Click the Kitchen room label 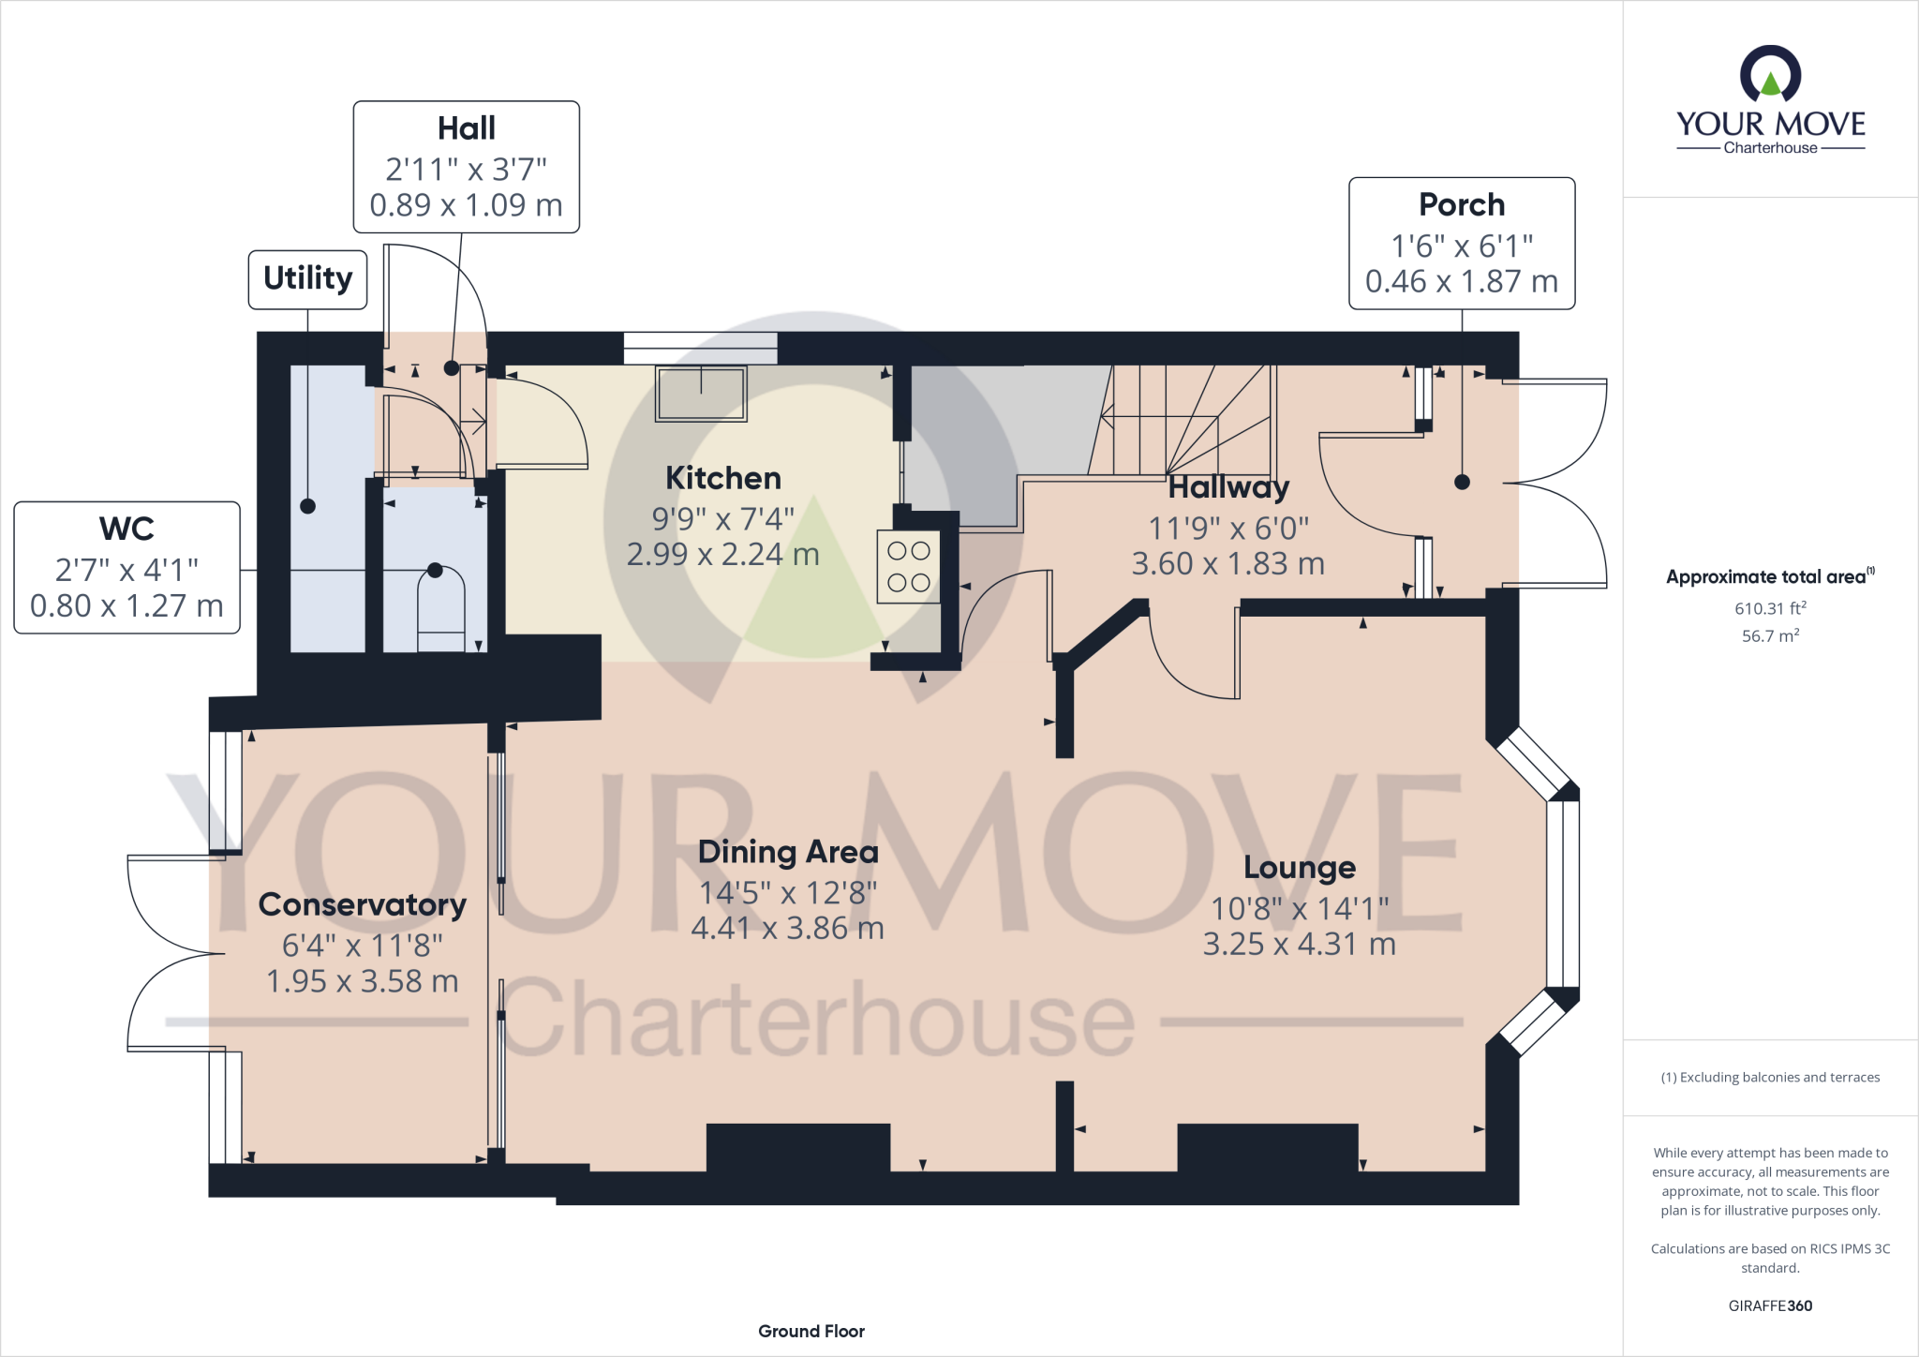(x=722, y=478)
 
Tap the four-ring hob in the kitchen (x=908, y=567)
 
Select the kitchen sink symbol (x=702, y=393)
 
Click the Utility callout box (x=307, y=278)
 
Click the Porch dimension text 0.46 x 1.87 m (x=1461, y=281)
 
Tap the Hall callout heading (x=466, y=128)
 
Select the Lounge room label (x=1299, y=868)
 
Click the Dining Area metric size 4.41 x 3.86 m (x=787, y=929)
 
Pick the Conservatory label (x=362, y=904)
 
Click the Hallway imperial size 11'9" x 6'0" (x=1227, y=529)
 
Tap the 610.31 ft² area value (x=1769, y=608)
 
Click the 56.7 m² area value (x=1769, y=636)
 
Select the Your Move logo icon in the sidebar (x=1770, y=75)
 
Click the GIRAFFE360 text (x=1769, y=1305)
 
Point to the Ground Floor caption (x=811, y=1331)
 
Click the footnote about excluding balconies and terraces (x=1769, y=1078)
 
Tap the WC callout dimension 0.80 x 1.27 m (x=126, y=606)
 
